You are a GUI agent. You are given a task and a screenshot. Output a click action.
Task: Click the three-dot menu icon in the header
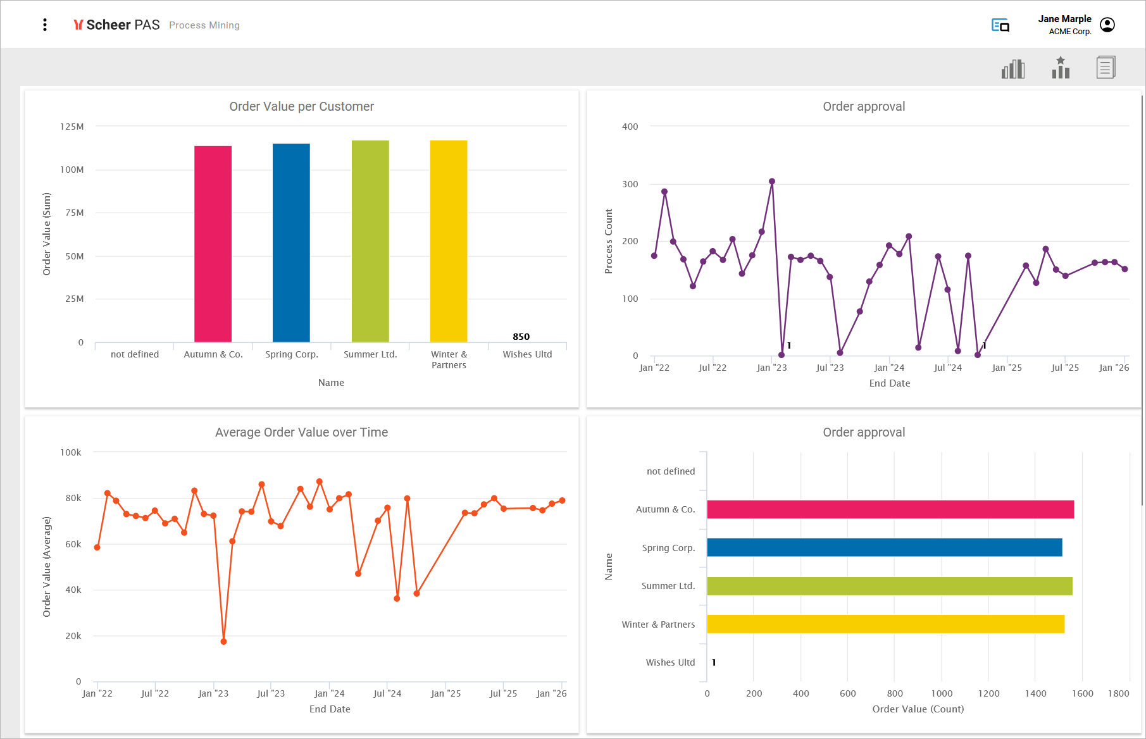(45, 25)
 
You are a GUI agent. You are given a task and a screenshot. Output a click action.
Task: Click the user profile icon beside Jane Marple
(1107, 25)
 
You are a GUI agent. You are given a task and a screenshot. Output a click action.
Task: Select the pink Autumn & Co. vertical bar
(213, 244)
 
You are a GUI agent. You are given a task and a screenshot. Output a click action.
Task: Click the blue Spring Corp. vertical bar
(291, 243)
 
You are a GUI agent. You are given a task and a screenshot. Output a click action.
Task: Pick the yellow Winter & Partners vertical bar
(449, 241)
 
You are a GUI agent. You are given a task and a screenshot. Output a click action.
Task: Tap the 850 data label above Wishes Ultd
(521, 337)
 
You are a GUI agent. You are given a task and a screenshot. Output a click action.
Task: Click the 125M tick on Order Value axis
(72, 127)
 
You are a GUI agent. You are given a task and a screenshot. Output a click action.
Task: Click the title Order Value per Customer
(301, 106)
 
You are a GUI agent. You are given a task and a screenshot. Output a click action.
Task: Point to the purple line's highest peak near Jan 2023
(772, 182)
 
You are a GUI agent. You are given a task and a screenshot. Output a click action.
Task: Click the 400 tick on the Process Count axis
(630, 127)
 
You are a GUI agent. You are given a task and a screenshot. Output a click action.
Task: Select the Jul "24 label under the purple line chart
(948, 368)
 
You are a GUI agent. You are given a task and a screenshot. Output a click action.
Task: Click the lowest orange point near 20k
(223, 642)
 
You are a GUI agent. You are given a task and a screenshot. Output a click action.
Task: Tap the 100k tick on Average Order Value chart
(71, 452)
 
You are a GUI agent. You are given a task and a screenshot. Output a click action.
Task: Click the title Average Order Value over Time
(301, 432)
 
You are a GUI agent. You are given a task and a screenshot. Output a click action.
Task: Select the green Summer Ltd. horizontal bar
(890, 586)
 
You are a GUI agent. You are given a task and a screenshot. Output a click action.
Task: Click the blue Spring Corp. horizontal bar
(885, 547)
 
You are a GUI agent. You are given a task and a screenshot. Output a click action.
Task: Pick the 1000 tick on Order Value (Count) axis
(942, 693)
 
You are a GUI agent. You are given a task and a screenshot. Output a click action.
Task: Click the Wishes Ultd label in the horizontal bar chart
(670, 662)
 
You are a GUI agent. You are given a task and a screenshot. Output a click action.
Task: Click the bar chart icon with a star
(1061, 68)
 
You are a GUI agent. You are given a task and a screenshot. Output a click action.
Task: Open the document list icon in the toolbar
(1106, 67)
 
